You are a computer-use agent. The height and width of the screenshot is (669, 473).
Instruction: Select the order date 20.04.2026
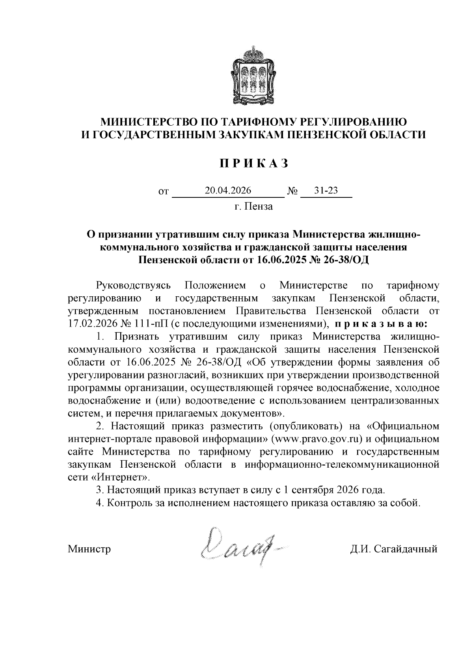228,191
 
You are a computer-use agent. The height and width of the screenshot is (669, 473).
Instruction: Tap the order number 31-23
326,191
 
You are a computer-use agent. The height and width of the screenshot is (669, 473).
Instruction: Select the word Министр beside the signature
89,549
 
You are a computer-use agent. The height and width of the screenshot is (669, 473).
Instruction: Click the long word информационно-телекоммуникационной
342,465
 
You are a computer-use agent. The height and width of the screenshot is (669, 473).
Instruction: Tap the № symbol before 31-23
292,191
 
